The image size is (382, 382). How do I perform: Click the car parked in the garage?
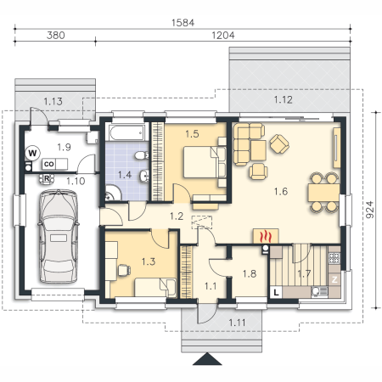[59, 236]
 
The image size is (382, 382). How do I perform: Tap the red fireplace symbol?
[266, 236]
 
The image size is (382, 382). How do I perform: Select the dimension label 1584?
[183, 23]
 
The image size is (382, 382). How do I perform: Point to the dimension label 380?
[56, 36]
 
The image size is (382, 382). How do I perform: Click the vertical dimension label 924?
[369, 210]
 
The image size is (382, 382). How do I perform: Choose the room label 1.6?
[281, 192]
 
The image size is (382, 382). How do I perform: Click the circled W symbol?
[32, 153]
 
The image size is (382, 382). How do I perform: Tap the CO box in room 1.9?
[49, 164]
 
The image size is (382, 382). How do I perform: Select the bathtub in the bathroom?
[126, 132]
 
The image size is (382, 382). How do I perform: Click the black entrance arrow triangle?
[207, 359]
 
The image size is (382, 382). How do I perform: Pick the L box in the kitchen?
[276, 292]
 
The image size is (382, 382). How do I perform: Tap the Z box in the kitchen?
[334, 279]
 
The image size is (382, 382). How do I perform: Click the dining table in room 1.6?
[323, 193]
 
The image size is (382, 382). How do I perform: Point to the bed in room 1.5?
[205, 162]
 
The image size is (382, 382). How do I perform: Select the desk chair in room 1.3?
[124, 270]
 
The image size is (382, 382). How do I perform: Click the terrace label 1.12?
[283, 99]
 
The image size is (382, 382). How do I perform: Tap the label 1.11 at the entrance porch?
[237, 323]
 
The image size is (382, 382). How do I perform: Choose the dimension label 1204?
[223, 36]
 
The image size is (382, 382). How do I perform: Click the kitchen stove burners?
[334, 258]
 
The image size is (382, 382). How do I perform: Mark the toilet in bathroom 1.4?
[141, 155]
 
